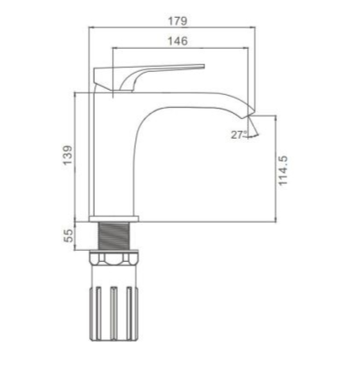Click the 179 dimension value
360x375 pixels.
coord(178,21)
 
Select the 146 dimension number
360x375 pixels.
coord(178,41)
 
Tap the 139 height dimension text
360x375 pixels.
coord(68,156)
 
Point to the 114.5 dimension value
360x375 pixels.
coord(283,171)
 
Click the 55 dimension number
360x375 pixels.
coord(68,236)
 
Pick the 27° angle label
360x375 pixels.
coord(239,134)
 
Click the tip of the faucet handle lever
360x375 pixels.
coord(204,67)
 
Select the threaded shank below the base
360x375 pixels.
coord(114,236)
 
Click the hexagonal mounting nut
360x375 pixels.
coord(114,257)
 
